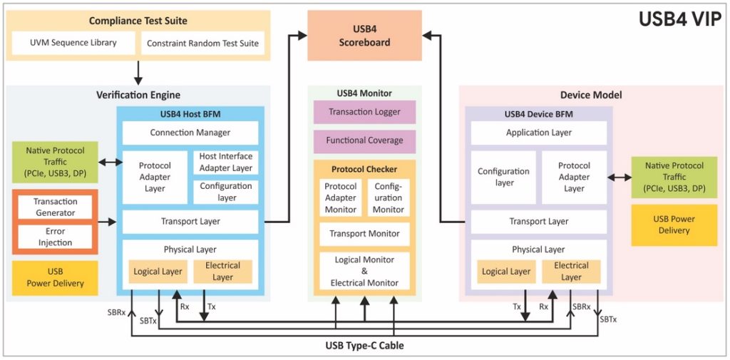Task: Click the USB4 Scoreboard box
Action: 364,35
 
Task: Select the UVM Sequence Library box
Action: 74,43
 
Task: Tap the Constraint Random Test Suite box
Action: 202,43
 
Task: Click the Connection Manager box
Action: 190,133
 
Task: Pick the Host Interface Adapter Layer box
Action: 225,162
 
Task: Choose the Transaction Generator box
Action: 55,207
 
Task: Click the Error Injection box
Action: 55,237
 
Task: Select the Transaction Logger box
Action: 364,112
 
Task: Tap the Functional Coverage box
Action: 364,140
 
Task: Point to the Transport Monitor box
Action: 364,234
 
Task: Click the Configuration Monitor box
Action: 389,197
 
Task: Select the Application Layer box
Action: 539,133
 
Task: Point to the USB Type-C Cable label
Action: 364,346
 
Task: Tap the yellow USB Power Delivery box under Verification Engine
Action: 55,277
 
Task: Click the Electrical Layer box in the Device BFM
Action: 571,271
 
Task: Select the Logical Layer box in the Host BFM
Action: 157,271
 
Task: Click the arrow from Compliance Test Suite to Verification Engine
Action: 138,71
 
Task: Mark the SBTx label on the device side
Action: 608,319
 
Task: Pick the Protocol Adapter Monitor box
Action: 340,197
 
